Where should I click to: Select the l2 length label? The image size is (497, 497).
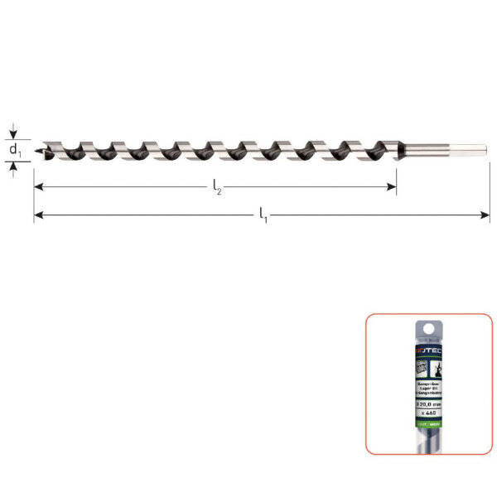coord(218,190)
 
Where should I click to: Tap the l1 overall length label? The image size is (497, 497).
coord(263,217)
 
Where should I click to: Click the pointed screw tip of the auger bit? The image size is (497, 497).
coord(39,152)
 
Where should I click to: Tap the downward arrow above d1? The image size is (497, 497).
coord(14,132)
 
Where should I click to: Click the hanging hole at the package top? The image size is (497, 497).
coord(428,328)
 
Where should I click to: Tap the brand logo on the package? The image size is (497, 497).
coord(428,351)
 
